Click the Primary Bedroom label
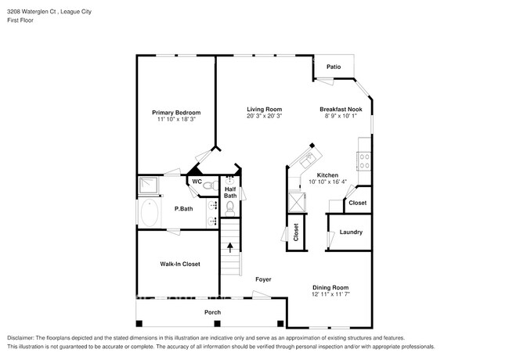[175, 112]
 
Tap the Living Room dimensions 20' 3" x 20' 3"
[264, 116]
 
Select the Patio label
[334, 67]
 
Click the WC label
[197, 182]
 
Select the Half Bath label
[230, 192]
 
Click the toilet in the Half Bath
[230, 207]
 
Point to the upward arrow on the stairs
[230, 248]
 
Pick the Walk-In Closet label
[179, 264]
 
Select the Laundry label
[350, 232]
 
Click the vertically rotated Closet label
[296, 232]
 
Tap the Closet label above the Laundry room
[357, 203]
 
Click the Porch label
[212, 312]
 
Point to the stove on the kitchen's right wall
[364, 161]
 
